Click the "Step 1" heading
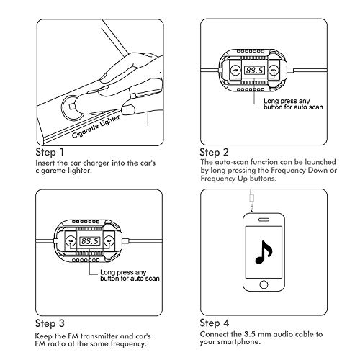point(50,153)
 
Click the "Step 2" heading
point(214,153)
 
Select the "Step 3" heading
point(50,323)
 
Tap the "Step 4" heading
point(215,323)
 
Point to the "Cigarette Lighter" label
point(96,127)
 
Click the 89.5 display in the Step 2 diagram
point(254,71)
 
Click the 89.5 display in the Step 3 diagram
point(90,240)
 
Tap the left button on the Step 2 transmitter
point(235,70)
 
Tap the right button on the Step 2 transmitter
point(274,70)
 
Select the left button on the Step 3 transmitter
point(71,240)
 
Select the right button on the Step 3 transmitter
point(109,240)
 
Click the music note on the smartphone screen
point(264,252)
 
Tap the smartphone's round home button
point(264,284)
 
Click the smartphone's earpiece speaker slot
point(264,220)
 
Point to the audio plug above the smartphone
point(251,200)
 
